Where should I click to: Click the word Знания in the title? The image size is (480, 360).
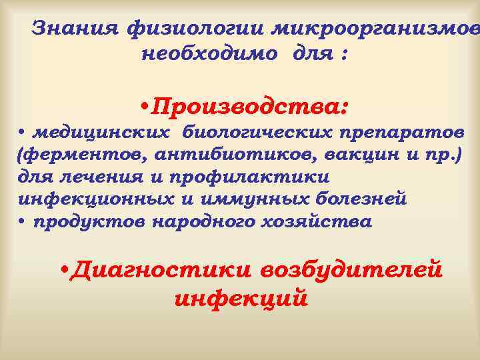[75, 29]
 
